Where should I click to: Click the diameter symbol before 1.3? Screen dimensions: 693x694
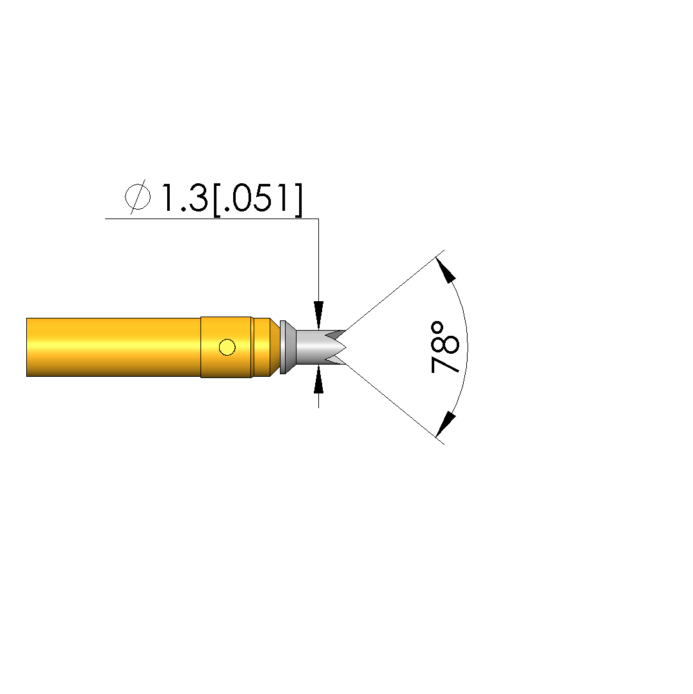pyautogui.click(x=138, y=197)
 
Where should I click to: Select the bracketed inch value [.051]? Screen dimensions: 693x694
pyautogui.click(x=258, y=200)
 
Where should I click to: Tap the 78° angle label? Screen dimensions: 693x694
pyautogui.click(x=445, y=347)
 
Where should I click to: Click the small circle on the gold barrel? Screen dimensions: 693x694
pyautogui.click(x=227, y=347)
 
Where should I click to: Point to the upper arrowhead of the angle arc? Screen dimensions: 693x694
pyautogui.click(x=445, y=270)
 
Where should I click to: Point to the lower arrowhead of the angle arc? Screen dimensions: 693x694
pyautogui.click(x=445, y=424)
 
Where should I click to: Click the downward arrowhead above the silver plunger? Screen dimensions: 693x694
pyautogui.click(x=318, y=315)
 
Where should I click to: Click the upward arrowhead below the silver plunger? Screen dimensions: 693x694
pyautogui.click(x=318, y=379)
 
